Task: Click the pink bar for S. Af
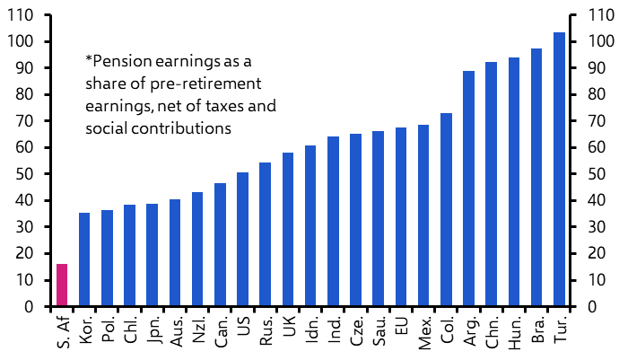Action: pyautogui.click(x=62, y=285)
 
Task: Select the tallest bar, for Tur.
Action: pyautogui.click(x=559, y=170)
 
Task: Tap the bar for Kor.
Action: pyautogui.click(x=84, y=259)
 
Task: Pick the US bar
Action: pyautogui.click(x=242, y=239)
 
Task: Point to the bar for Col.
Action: pyautogui.click(x=446, y=210)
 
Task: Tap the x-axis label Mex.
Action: pyautogui.click(x=423, y=329)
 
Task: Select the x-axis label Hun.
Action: pyautogui.click(x=514, y=329)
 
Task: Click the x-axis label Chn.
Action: pyautogui.click(x=492, y=329)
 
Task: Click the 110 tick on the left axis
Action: pyautogui.click(x=22, y=15)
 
